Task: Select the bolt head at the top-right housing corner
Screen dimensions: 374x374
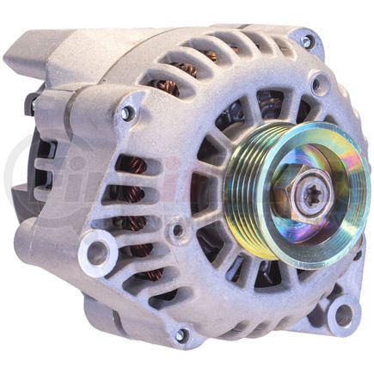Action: [307, 40]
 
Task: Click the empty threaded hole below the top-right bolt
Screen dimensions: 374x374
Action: [320, 84]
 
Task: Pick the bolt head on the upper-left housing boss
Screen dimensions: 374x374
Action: [126, 113]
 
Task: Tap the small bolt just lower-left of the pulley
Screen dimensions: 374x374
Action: [177, 230]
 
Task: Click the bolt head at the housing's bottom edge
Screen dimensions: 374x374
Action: [181, 335]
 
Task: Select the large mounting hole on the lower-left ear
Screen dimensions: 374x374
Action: [97, 254]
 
